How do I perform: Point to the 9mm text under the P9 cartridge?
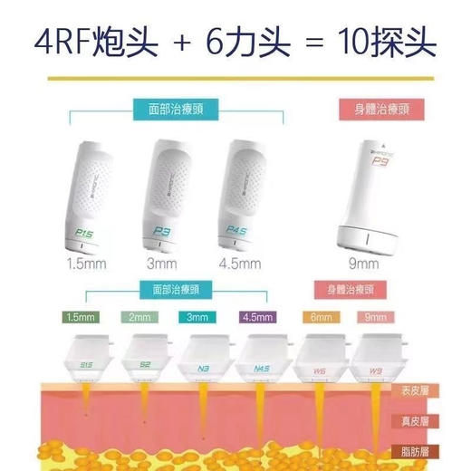tap(362, 264)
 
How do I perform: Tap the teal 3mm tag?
tap(197, 317)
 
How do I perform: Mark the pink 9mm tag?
tap(373, 317)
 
